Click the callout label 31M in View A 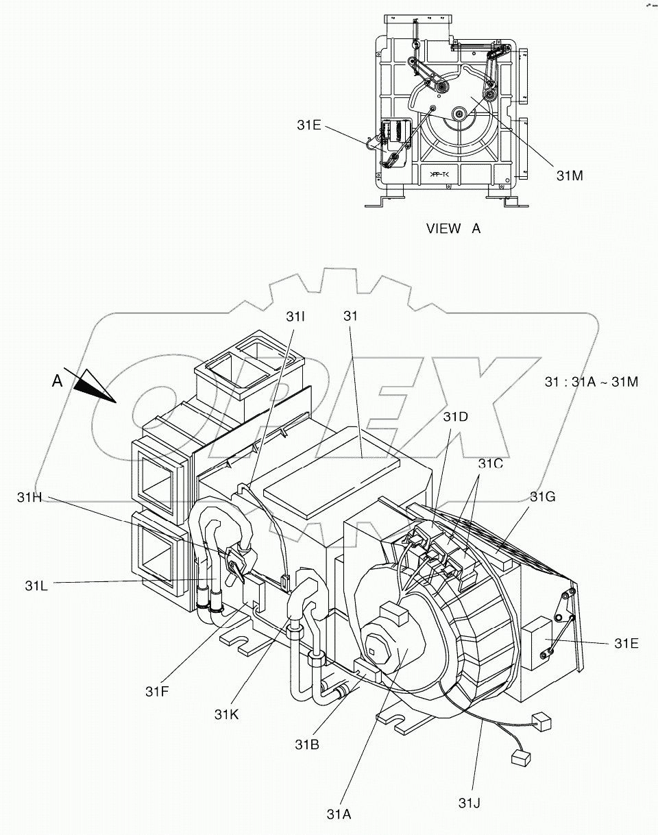tap(569, 176)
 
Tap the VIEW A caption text tap(453, 229)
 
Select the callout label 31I tap(295, 317)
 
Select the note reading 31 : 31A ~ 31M tap(592, 382)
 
